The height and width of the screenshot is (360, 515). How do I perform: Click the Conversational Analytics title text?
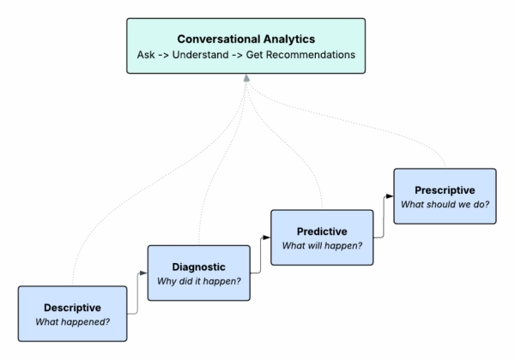(x=246, y=39)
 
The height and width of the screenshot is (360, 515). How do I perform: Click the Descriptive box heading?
(x=72, y=307)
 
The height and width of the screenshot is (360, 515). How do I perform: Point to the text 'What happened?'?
(x=72, y=321)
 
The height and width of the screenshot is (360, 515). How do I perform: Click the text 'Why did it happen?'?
(x=198, y=282)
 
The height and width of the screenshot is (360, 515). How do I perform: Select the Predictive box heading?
(x=322, y=231)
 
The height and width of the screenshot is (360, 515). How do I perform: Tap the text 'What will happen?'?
(x=322, y=246)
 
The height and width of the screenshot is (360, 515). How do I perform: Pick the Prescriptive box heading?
(x=444, y=189)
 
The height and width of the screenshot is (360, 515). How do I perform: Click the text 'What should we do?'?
(x=444, y=205)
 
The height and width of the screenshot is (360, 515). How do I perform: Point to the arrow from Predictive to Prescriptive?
(x=384, y=214)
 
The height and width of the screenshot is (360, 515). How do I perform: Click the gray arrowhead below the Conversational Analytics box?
(x=246, y=79)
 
